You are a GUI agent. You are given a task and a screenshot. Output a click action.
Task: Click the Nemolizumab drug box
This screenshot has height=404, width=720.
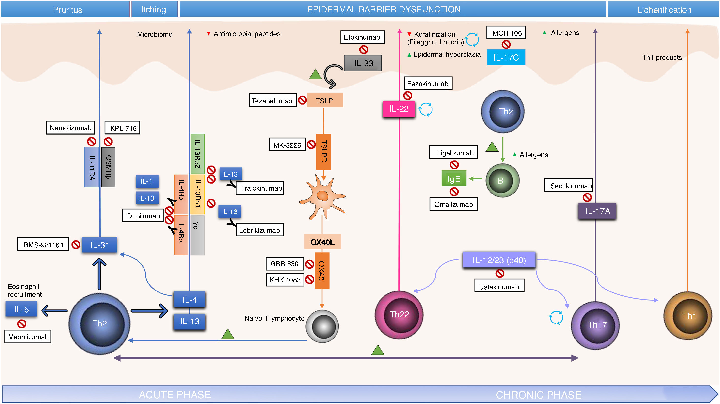click(70, 128)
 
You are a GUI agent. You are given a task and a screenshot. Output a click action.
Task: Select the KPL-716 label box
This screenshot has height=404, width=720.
click(122, 128)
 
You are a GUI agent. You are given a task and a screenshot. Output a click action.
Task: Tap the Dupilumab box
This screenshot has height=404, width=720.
click(143, 216)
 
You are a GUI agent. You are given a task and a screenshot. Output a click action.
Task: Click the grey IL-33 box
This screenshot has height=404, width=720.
click(363, 63)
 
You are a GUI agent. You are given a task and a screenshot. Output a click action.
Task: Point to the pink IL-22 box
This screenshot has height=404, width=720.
click(399, 109)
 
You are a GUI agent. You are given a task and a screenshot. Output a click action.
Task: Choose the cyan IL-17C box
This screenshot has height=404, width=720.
click(506, 58)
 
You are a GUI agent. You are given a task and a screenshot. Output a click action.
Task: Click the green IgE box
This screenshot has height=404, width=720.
click(454, 178)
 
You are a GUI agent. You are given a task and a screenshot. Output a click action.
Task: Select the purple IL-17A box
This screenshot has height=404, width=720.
click(597, 211)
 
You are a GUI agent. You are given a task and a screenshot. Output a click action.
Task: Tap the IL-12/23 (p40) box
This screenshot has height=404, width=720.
click(499, 260)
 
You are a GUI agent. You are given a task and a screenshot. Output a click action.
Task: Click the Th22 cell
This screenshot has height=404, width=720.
click(399, 315)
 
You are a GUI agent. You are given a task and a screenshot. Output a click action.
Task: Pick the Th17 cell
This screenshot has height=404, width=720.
click(595, 325)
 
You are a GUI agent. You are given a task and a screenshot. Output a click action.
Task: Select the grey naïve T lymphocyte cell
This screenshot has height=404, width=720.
click(322, 326)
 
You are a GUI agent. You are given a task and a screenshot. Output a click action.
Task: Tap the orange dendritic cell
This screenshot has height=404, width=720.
click(322, 196)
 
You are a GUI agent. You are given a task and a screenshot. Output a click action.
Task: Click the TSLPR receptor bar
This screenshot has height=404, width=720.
click(323, 152)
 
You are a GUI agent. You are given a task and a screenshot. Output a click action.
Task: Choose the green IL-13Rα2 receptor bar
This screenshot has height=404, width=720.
click(197, 154)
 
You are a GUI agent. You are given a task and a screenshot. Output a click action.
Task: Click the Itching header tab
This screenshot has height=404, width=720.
click(155, 9)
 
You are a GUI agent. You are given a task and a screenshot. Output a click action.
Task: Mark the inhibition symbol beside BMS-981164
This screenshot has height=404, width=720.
click(76, 245)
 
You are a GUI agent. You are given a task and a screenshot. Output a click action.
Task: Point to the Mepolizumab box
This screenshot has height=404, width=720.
click(28, 337)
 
